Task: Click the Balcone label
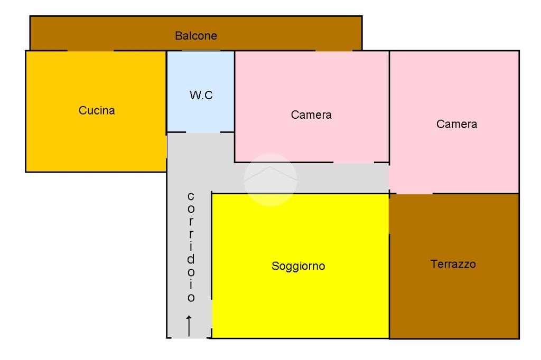196,36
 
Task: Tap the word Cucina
97,111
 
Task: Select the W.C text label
201,97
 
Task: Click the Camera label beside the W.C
311,115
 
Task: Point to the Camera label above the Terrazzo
456,125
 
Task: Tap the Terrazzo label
453,264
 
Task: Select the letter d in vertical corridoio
191,260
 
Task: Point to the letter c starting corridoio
191,196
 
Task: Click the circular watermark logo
270,180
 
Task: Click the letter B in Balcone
178,36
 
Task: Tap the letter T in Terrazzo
434,264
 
